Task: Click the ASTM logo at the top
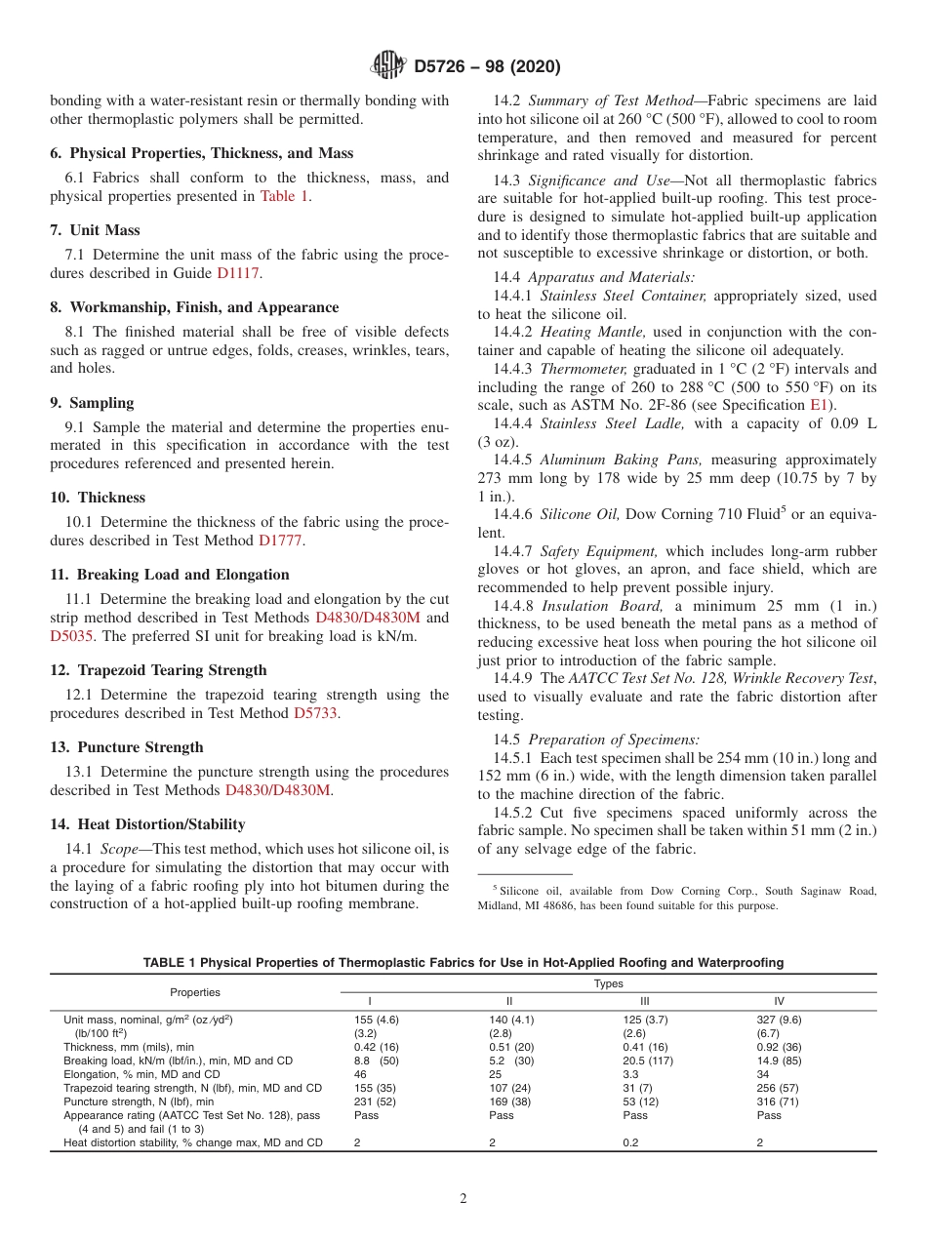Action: [x=389, y=66]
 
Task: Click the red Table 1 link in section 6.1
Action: [x=284, y=196]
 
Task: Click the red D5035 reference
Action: [x=67, y=635]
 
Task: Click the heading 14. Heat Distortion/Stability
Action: [x=147, y=823]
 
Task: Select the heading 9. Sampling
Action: [x=92, y=402]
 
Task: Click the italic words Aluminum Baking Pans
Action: [x=623, y=460]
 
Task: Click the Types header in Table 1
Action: [x=608, y=983]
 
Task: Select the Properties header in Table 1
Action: [x=195, y=992]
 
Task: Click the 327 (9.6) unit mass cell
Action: [x=779, y=1019]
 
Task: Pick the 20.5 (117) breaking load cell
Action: [x=648, y=1060]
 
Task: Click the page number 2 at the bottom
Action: [x=463, y=1199]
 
